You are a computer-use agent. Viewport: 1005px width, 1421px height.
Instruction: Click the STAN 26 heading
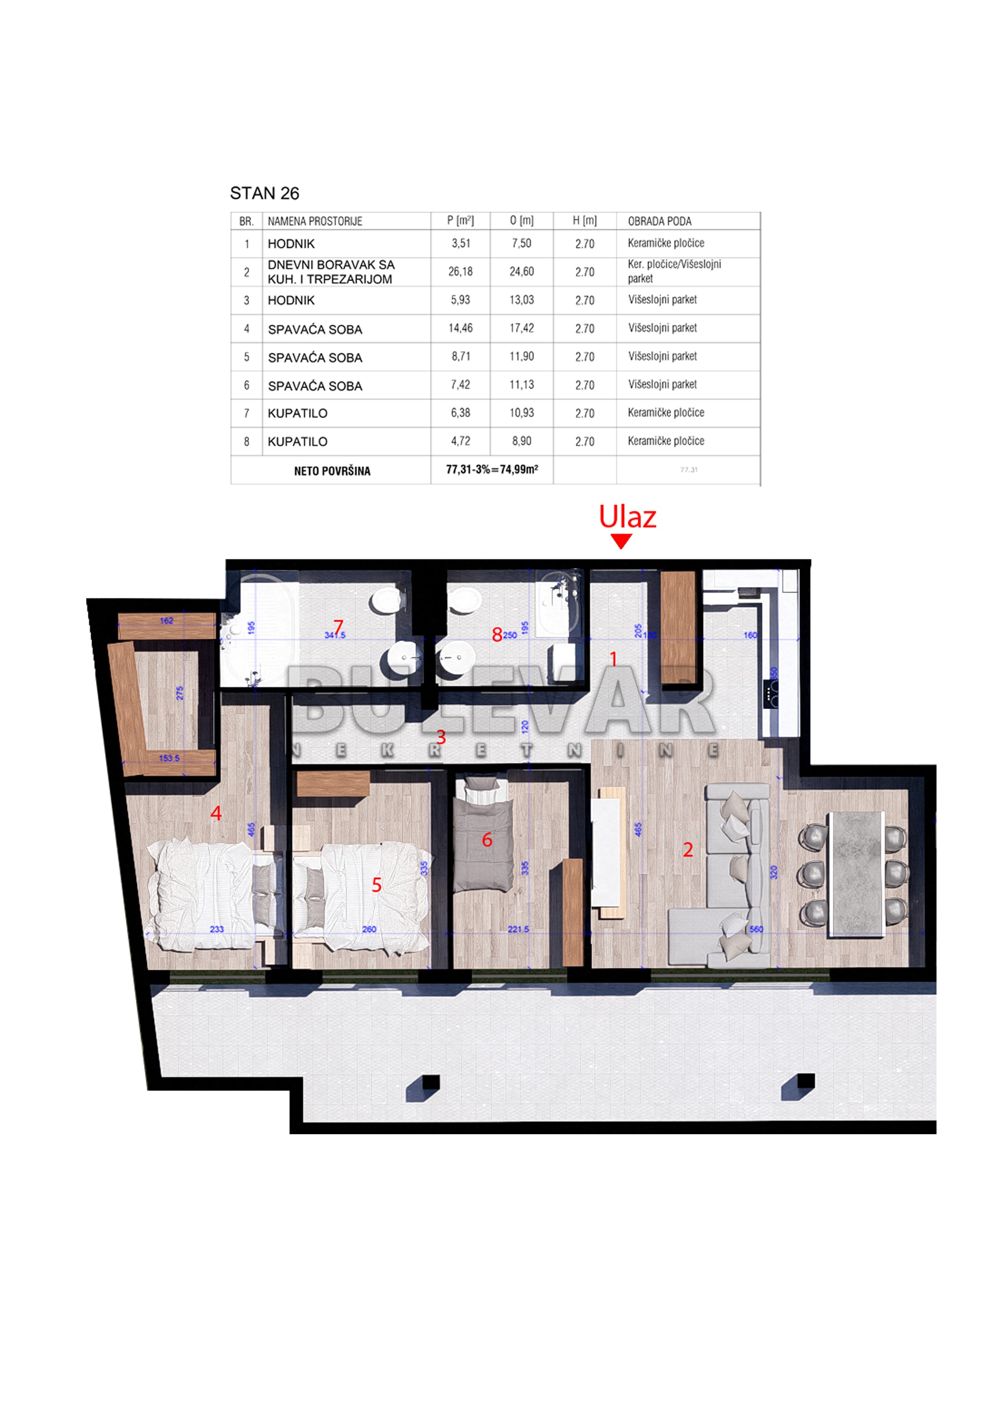264,194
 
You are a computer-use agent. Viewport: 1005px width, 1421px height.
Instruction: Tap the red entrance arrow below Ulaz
620,542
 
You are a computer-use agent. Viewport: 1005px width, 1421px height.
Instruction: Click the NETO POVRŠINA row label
332,471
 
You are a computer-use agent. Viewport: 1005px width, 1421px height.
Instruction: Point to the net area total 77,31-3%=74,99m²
492,470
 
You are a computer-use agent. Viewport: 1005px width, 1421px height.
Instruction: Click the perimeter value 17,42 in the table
522,328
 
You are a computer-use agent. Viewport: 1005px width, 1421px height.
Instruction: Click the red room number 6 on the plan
488,840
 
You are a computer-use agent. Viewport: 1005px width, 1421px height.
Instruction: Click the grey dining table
856,873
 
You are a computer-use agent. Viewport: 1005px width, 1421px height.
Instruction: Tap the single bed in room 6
483,836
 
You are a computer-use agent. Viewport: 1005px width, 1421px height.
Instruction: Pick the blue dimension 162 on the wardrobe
167,621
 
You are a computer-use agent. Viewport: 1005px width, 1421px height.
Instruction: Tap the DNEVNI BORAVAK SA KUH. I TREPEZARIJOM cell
331,272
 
